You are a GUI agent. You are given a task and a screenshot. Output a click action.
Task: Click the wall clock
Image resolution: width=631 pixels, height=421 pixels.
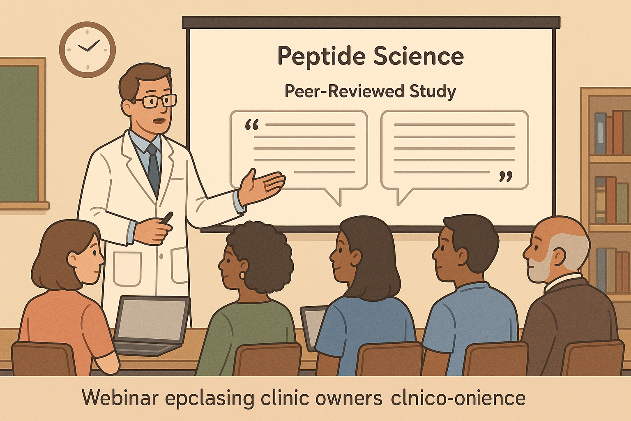tap(88, 49)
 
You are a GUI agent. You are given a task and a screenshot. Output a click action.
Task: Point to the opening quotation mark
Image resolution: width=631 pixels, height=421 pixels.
tap(251, 125)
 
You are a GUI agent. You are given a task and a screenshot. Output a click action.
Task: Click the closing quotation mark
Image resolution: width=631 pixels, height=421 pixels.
tap(506, 177)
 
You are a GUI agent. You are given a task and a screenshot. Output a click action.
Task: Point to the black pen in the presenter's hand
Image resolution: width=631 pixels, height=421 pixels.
tap(168, 217)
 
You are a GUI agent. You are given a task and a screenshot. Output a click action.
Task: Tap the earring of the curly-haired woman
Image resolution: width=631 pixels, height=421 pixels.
tap(241, 274)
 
